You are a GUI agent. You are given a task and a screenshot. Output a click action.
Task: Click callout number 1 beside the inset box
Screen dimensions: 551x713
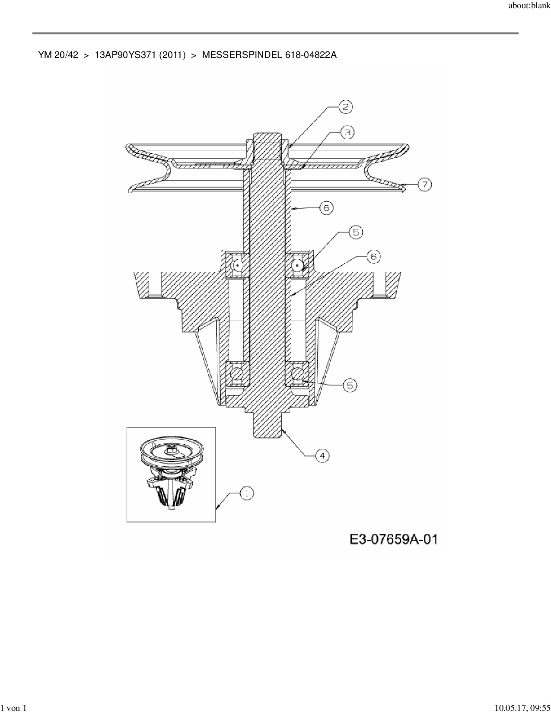click(247, 493)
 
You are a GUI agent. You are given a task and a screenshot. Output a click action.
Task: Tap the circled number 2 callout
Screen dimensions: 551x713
click(346, 107)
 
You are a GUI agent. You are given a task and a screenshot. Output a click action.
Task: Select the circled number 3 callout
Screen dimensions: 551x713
click(347, 132)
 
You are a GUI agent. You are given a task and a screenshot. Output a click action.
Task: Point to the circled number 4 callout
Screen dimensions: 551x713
click(322, 456)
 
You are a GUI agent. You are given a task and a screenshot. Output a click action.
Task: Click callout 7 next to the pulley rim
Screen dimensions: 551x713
click(425, 185)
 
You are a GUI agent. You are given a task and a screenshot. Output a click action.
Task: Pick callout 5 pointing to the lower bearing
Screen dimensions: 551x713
click(350, 385)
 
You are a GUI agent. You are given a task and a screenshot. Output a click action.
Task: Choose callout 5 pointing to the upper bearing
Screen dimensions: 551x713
click(356, 232)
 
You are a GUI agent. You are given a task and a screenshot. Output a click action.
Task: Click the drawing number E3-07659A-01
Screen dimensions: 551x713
click(393, 539)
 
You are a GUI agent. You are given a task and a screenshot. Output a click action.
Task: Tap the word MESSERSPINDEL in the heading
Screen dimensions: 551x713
click(242, 55)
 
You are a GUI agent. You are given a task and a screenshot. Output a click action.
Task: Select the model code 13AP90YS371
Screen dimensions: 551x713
click(125, 55)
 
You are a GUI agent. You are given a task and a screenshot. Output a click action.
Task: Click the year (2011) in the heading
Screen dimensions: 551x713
click(172, 55)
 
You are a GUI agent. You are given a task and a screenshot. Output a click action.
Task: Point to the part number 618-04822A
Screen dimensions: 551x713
click(311, 55)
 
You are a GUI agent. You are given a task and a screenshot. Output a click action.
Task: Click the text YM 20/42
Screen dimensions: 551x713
click(58, 55)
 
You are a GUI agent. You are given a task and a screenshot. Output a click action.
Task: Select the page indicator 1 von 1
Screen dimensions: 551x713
click(13, 708)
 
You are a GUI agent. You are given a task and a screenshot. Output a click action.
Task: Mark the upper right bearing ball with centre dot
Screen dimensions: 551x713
click(297, 265)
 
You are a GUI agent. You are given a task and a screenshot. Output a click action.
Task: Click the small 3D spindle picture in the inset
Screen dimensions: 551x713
click(171, 473)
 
